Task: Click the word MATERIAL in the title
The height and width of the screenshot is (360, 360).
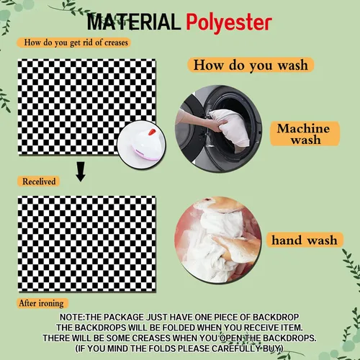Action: tap(133, 22)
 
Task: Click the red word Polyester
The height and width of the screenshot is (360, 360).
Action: tap(229, 23)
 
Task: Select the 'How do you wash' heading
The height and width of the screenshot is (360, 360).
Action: tap(251, 65)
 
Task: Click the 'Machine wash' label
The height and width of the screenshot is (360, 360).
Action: tap(305, 134)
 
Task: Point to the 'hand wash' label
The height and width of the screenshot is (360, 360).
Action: tap(305, 240)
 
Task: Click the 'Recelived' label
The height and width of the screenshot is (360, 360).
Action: tap(38, 181)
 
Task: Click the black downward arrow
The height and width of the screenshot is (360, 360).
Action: tap(81, 171)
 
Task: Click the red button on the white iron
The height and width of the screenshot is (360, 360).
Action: tap(153, 132)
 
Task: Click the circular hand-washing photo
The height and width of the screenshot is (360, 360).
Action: tap(217, 240)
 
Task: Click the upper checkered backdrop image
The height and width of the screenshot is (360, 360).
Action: tap(87, 107)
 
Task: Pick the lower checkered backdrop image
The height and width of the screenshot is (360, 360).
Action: tap(87, 244)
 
